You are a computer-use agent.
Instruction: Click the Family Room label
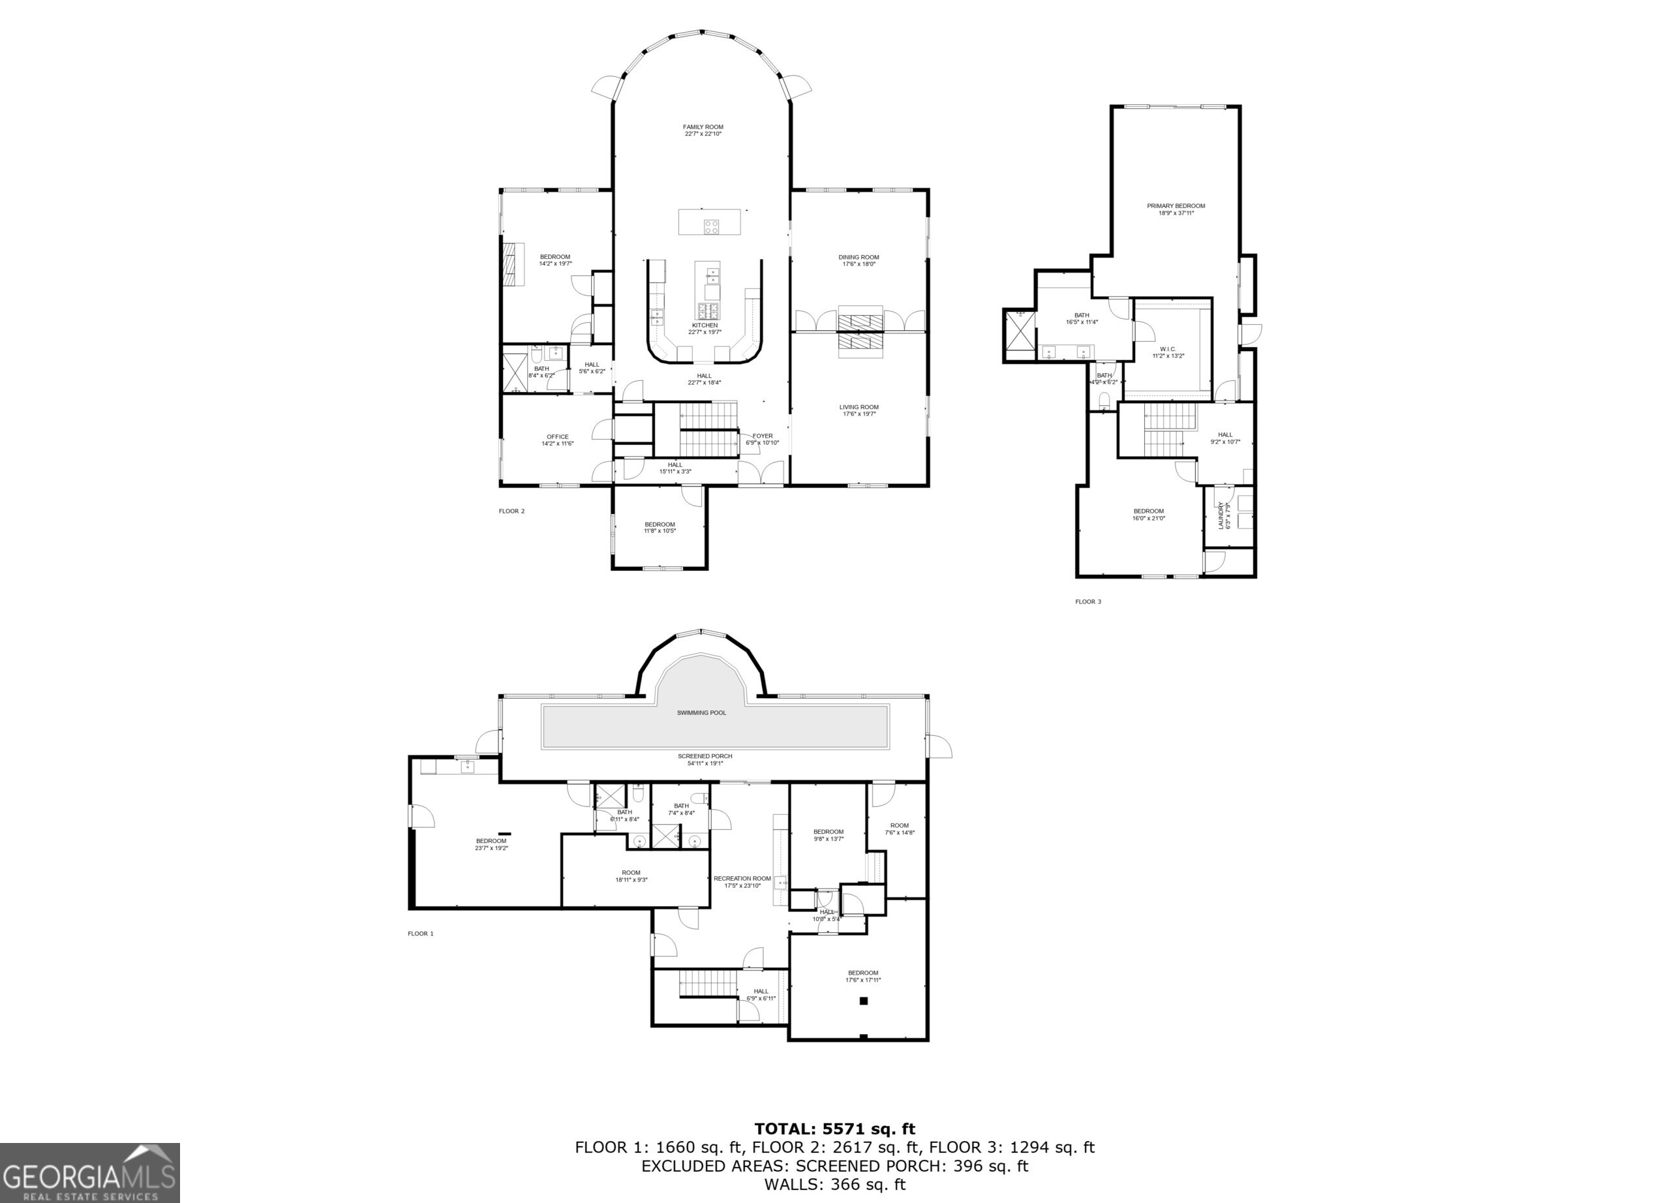(703, 127)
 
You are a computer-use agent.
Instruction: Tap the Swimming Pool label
(701, 712)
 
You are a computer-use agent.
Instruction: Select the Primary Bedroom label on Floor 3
(1175, 206)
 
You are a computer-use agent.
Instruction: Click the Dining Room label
(858, 258)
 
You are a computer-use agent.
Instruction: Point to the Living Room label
(858, 407)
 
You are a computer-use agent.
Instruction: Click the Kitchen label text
(704, 326)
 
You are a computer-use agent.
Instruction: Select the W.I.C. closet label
(1168, 349)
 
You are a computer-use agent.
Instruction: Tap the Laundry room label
(1220, 515)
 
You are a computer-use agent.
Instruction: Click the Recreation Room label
(742, 878)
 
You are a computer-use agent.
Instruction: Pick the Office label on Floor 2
(557, 436)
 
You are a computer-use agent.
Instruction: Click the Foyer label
(762, 436)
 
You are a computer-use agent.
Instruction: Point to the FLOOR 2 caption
(511, 511)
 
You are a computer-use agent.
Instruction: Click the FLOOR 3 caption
(1087, 601)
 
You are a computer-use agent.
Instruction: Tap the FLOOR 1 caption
(421, 934)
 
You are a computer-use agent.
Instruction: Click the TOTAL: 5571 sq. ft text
(834, 1129)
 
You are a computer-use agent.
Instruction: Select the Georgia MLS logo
(89, 1172)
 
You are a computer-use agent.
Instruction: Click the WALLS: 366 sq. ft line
(834, 1185)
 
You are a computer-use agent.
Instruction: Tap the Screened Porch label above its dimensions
(705, 756)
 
